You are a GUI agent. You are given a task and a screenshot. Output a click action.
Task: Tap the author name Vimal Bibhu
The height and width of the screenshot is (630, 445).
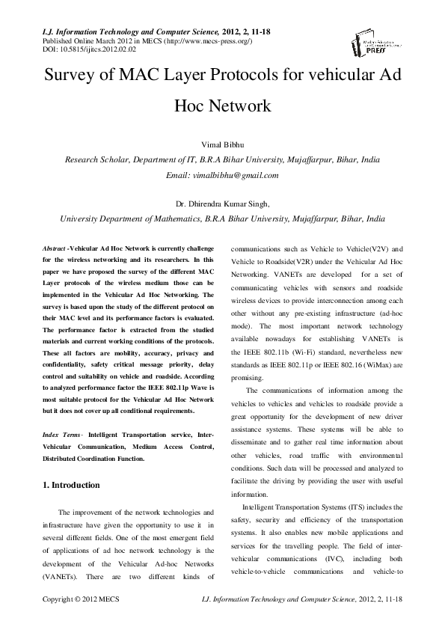coord(222,144)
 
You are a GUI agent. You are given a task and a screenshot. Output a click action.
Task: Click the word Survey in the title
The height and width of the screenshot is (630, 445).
coord(73,77)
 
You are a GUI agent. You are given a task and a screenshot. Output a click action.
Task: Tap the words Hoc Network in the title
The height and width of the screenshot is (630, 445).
coord(222,106)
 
